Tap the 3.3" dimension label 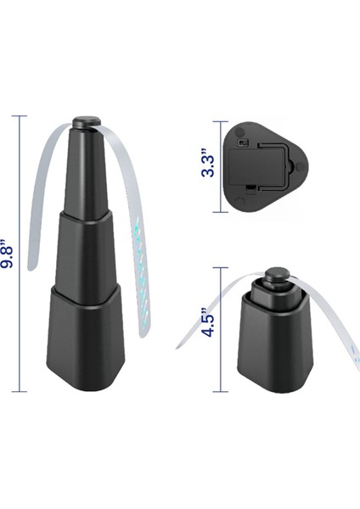[x=207, y=160]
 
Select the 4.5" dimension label [x=207, y=323]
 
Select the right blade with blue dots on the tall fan [x=137, y=255]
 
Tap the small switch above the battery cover [x=244, y=142]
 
